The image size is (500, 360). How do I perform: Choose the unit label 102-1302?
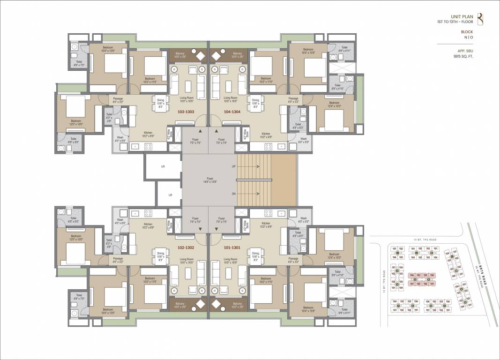click(x=186, y=247)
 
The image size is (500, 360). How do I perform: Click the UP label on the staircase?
click(x=234, y=166)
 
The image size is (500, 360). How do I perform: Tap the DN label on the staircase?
click(x=234, y=193)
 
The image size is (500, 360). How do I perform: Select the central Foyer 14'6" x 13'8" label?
click(x=209, y=180)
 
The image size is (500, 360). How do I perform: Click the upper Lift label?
click(x=163, y=166)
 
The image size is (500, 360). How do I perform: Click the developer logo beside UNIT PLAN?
click(x=480, y=19)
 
